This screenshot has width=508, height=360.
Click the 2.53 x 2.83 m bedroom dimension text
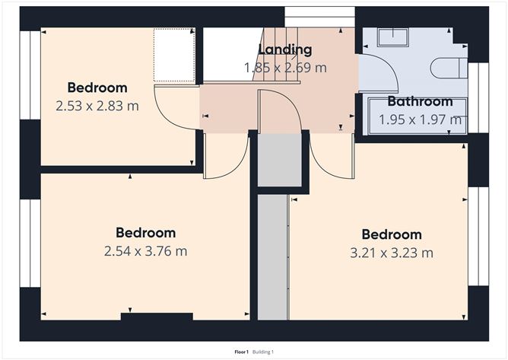click(x=97, y=106)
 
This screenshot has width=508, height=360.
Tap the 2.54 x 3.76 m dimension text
click(x=146, y=251)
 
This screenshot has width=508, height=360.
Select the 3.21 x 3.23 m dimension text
click(x=392, y=253)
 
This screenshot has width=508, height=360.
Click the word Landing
click(x=285, y=50)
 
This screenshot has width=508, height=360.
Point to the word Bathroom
click(x=421, y=101)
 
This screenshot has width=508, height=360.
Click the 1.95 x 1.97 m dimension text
click(x=421, y=119)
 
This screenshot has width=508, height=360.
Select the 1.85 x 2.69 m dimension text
click(x=285, y=68)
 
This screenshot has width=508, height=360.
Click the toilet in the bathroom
click(x=449, y=68)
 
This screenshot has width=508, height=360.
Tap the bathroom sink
click(x=392, y=37)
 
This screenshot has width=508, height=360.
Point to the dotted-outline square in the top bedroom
click(x=174, y=55)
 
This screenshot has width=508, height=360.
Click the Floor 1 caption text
click(x=241, y=352)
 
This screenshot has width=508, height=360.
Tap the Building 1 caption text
click(x=263, y=352)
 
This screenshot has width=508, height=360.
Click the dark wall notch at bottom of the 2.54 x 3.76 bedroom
click(x=157, y=317)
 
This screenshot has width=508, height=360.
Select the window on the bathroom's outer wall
click(x=478, y=97)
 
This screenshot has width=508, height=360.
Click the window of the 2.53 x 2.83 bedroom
click(x=30, y=75)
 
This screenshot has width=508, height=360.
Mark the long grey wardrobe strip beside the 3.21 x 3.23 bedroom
click(x=273, y=257)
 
